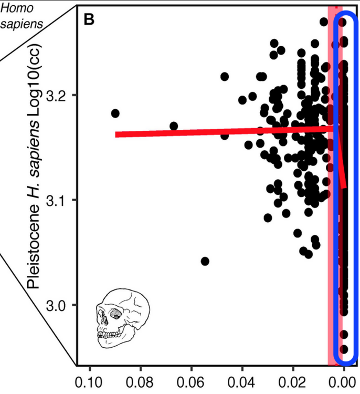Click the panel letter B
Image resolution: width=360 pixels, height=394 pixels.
pos(89,19)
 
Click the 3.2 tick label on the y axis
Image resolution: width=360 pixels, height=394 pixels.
pos(58,96)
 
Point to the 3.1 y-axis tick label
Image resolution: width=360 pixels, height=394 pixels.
pos(58,200)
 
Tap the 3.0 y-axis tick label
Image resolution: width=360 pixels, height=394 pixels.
pos(58,305)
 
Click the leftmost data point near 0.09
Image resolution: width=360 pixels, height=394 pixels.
pos(115,113)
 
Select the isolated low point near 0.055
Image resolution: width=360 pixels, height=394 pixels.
pos(205,261)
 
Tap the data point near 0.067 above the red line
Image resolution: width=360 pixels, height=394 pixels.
pos(174,126)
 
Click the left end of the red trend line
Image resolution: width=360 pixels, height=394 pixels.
pos(117,134)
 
